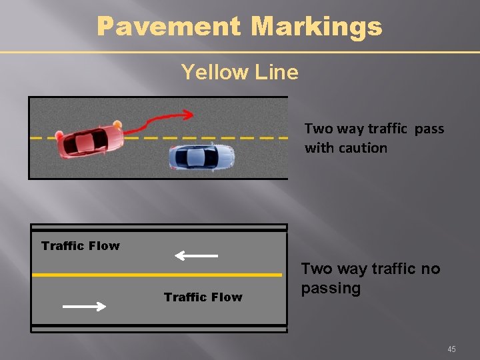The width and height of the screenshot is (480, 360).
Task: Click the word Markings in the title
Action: (317, 27)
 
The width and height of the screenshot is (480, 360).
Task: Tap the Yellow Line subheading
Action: (239, 71)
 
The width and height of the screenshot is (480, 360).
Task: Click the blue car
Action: (201, 157)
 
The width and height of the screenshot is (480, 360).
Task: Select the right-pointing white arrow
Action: (84, 307)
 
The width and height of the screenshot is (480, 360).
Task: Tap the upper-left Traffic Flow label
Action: (81, 246)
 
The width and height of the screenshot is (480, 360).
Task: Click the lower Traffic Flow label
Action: (203, 297)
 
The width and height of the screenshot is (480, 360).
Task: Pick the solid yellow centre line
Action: (157, 274)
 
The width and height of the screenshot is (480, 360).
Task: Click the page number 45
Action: (452, 349)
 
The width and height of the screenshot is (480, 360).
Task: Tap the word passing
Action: (331, 289)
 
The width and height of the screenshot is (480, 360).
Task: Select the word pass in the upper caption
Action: (429, 129)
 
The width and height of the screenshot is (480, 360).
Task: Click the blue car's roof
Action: (197, 157)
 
